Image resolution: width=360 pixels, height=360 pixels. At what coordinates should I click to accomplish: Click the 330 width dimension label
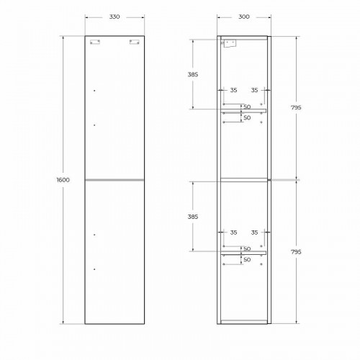pyautogui.click(x=114, y=17)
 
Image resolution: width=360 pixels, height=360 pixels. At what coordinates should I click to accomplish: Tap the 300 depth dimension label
pyautogui.click(x=244, y=17)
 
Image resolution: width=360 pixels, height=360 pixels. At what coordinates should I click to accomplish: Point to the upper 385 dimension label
pyautogui.click(x=193, y=74)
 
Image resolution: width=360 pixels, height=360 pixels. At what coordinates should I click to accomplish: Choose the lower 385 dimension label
pyautogui.click(x=193, y=216)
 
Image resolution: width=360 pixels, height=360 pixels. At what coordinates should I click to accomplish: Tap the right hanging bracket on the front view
pyautogui.click(x=134, y=42)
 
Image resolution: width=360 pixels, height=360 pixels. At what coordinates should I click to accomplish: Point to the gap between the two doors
pyautogui.click(x=114, y=179)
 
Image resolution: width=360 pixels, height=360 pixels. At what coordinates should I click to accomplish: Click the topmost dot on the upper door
pyautogui.click(x=94, y=91)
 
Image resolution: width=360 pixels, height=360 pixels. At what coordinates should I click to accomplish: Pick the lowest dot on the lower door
pyautogui.click(x=94, y=269)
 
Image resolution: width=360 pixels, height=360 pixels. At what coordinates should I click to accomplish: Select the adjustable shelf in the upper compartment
pyautogui.click(x=244, y=111)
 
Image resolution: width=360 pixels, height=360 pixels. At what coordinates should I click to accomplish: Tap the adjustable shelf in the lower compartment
pyautogui.click(x=244, y=253)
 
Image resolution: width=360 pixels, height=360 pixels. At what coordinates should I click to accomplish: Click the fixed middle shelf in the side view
pyautogui.click(x=244, y=179)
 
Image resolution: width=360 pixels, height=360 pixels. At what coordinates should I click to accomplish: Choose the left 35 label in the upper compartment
pyautogui.click(x=233, y=91)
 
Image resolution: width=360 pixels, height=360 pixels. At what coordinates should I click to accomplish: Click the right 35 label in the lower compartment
pyautogui.click(x=255, y=233)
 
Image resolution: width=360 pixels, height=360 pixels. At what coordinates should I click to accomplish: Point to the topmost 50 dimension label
pyautogui.click(x=246, y=106)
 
